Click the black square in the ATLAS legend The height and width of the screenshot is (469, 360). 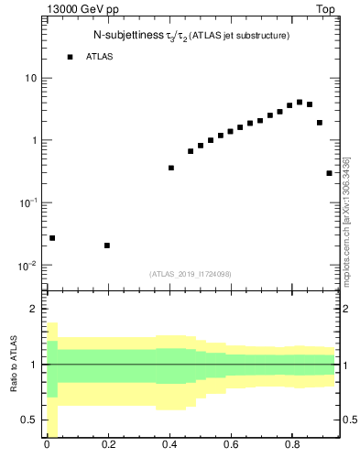coord(70,57)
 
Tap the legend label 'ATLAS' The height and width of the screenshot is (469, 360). coord(101,57)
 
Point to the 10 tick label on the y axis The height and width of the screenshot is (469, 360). coord(31,78)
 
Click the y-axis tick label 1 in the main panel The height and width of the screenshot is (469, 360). coord(34,140)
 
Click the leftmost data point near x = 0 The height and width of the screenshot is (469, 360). coord(52,238)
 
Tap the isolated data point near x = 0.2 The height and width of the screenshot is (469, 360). coord(107,245)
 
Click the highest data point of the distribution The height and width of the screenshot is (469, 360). coord(300,103)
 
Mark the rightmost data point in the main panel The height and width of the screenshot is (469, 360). coord(329,173)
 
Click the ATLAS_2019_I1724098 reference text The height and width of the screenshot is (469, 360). coord(191,273)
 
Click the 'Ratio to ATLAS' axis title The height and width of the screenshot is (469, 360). coord(14,364)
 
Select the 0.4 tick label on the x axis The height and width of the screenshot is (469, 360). coord(169,448)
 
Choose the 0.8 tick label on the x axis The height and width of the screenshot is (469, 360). coord(292,448)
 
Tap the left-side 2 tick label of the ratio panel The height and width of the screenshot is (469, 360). coord(34,310)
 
